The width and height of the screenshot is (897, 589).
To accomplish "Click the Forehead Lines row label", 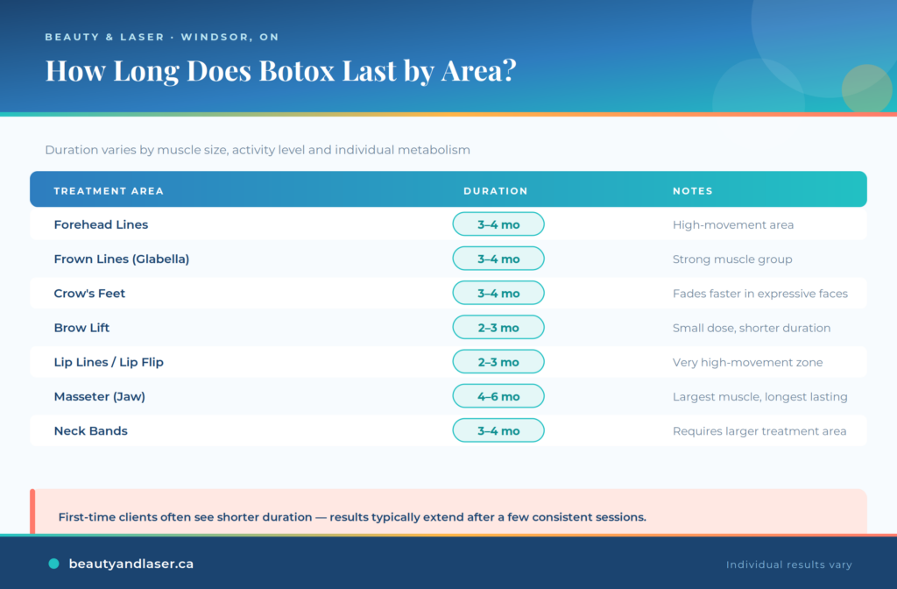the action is coord(101,224).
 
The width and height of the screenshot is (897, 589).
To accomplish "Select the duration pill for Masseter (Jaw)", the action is coord(498,396).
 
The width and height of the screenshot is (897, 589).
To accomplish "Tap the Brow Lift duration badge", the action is coord(498,328).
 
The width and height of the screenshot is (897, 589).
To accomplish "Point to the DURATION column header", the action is coord(496,191).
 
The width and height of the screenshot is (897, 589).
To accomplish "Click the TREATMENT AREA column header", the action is coord(109,191).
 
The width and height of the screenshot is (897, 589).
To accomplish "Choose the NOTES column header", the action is coord(693,191).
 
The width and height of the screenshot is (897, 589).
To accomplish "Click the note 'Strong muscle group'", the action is coord(732,259).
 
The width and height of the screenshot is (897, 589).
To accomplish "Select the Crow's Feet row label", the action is coord(89,293).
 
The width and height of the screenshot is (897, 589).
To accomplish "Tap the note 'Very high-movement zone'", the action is coord(748,362).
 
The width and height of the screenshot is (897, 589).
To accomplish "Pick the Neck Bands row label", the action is coord(90,430).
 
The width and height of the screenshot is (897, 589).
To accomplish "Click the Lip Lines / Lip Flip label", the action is coord(109,362).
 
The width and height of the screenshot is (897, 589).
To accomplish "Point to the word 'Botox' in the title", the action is coord(297,70).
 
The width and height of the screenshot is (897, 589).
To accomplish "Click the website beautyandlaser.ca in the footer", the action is coord(131,564).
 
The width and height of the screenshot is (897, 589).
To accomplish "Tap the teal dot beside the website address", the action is coord(53,564).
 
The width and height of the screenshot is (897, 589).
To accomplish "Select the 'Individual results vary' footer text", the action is coord(789,565).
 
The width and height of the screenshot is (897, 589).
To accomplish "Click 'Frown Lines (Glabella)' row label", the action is coord(121,259).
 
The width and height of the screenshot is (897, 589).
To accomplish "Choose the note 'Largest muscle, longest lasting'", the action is coord(759,397).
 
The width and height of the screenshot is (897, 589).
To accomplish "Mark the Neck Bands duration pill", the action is coord(498,430).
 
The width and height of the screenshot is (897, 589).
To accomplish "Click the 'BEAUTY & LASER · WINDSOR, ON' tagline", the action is coord(162,37).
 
